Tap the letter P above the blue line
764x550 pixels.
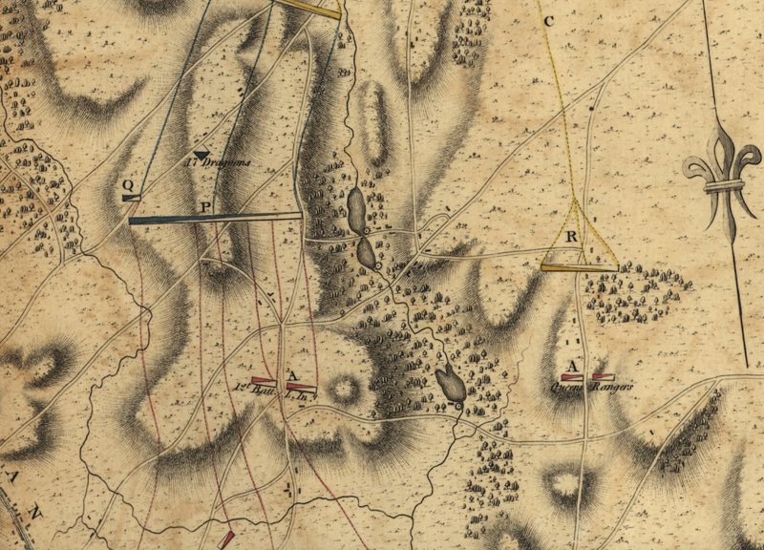pyautogui.click(x=205, y=206)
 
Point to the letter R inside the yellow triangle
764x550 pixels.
pyautogui.click(x=571, y=236)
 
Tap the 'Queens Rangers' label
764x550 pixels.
pyautogui.click(x=581, y=388)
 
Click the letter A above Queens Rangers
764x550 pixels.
pyautogui.click(x=573, y=366)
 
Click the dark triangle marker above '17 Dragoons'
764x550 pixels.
pyautogui.click(x=201, y=153)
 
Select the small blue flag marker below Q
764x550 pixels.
pyautogui.click(x=132, y=198)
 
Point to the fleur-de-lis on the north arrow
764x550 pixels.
pyautogui.click(x=723, y=172)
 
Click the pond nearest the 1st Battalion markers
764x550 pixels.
pyautogui.click(x=450, y=384)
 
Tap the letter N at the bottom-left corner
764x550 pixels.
pyautogui.click(x=36, y=513)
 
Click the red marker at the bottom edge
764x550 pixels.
pyautogui.click(x=226, y=540)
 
